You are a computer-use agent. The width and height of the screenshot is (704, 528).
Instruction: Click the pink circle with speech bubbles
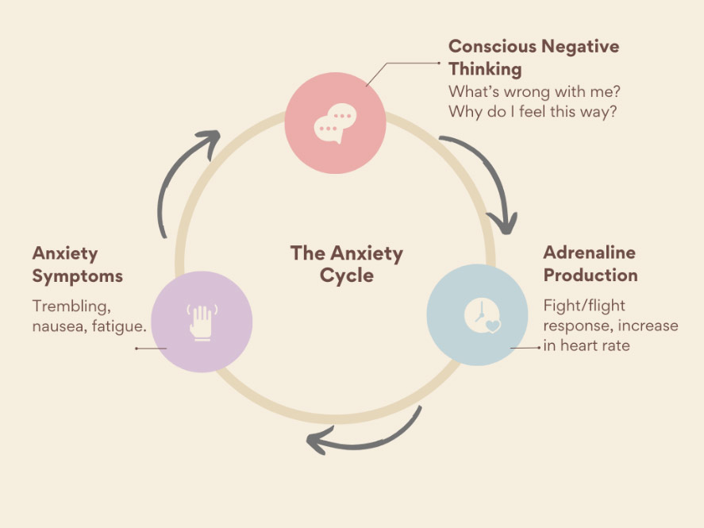(x=335, y=123)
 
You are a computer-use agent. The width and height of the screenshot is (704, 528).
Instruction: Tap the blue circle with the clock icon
(x=478, y=315)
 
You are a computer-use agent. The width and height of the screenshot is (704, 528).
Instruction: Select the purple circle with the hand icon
(x=202, y=322)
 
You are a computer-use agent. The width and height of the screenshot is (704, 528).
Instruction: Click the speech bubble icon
(x=333, y=125)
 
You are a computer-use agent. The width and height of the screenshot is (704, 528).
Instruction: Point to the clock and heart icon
(x=482, y=317)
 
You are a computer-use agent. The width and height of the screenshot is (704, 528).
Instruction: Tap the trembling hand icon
(x=202, y=321)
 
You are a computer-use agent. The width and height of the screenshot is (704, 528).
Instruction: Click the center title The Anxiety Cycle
(x=347, y=264)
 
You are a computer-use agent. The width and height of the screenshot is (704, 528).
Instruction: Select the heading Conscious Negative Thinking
(x=533, y=57)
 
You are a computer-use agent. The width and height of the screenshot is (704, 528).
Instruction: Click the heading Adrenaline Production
(x=591, y=264)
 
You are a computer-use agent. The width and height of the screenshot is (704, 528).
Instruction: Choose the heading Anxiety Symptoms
(x=78, y=264)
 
